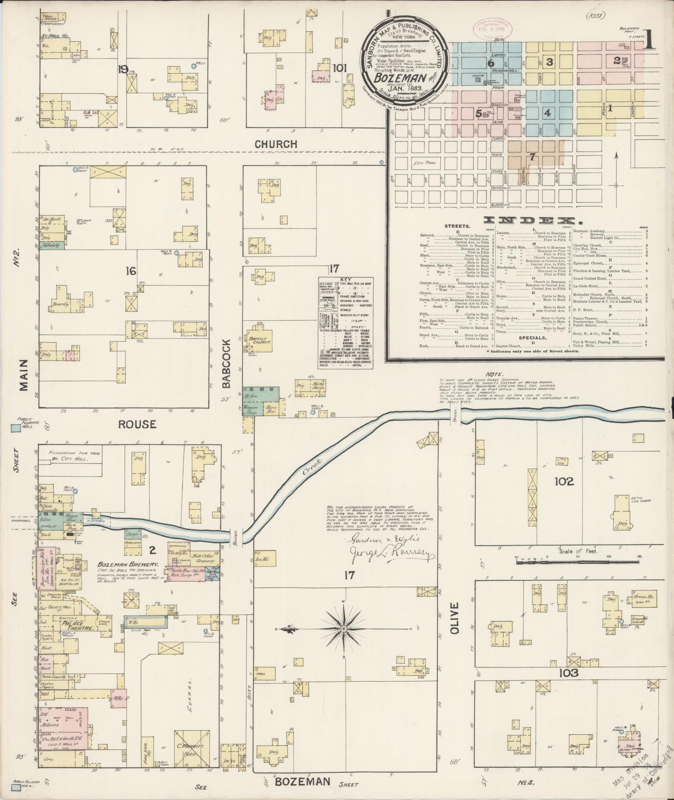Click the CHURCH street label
click(276, 144)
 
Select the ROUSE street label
click(137, 424)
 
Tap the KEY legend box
click(346, 323)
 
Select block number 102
click(564, 482)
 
